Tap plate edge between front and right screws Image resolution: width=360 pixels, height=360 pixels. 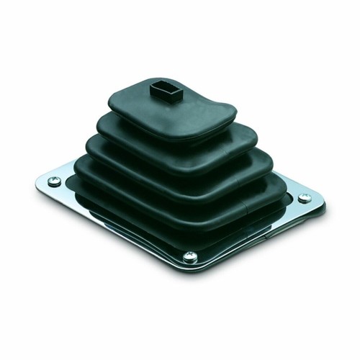[252, 233]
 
